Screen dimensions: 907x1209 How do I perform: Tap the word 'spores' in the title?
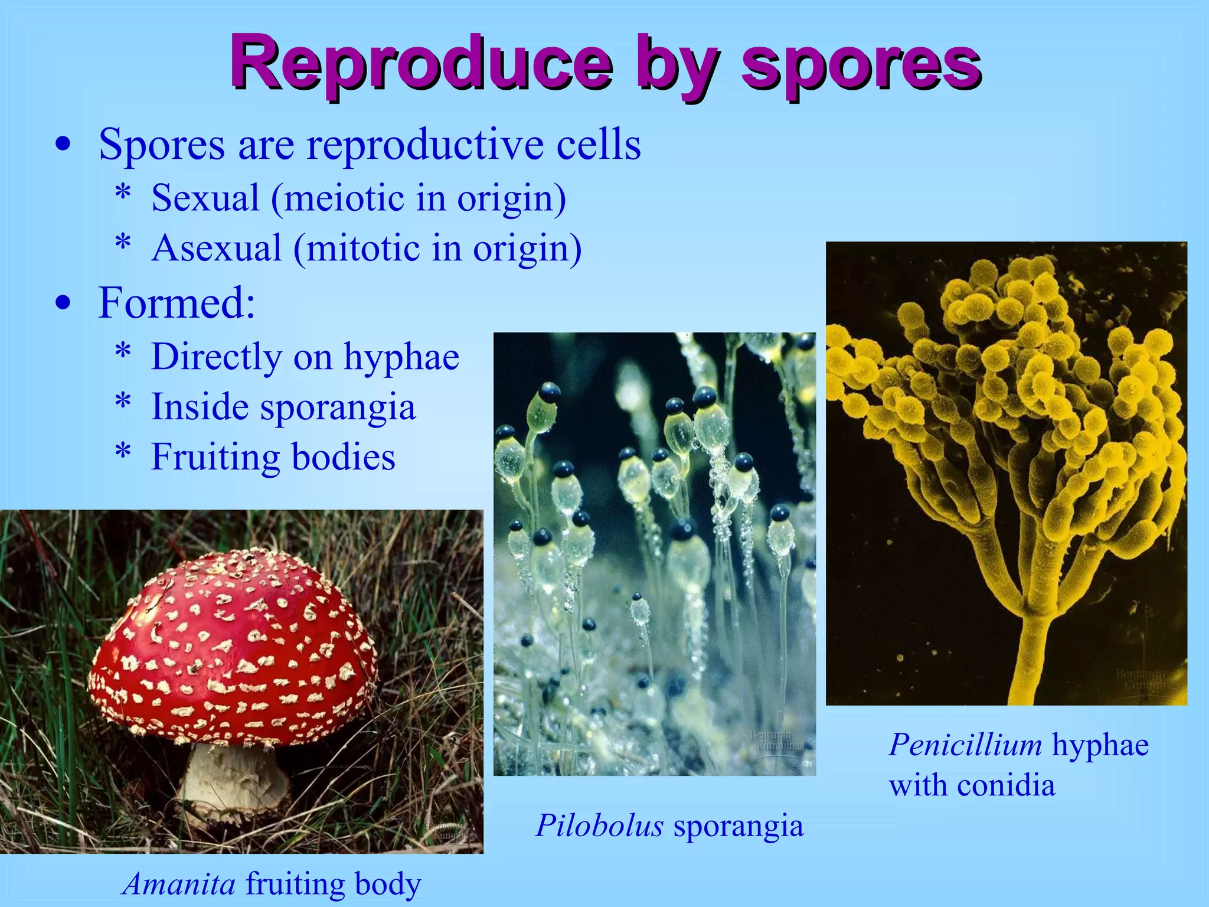[861, 64]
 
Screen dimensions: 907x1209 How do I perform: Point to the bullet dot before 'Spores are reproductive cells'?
[63, 145]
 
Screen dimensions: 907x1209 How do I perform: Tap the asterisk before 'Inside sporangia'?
[123, 403]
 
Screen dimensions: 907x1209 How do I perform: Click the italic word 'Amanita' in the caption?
[180, 884]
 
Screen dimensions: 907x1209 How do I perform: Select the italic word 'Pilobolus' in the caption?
[600, 825]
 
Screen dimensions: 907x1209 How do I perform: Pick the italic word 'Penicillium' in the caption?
[965, 745]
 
